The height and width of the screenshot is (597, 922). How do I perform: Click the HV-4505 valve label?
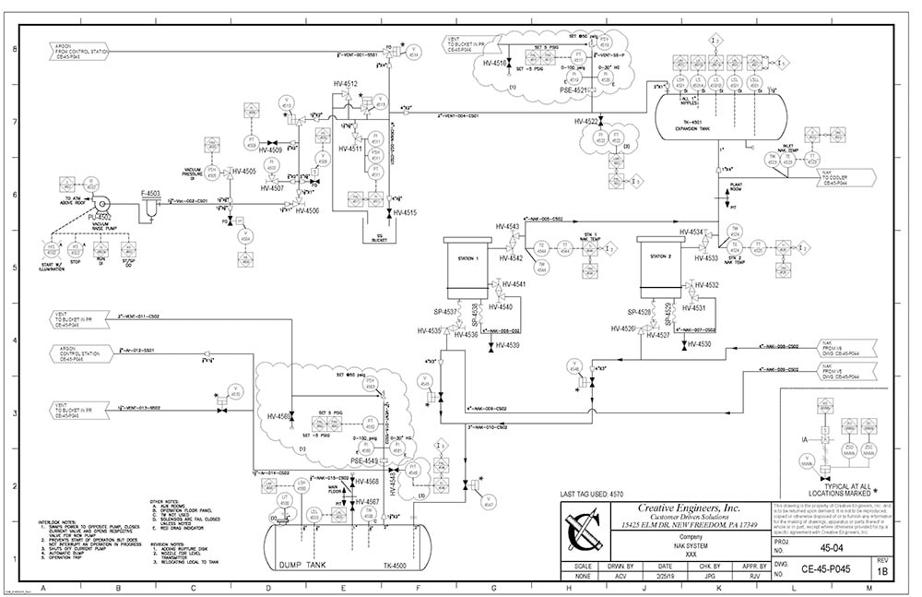coord(243,172)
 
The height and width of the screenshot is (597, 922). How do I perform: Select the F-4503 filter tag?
coord(150,193)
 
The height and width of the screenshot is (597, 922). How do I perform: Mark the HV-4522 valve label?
coord(586,121)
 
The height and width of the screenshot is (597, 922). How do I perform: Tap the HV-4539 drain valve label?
coord(507,345)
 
